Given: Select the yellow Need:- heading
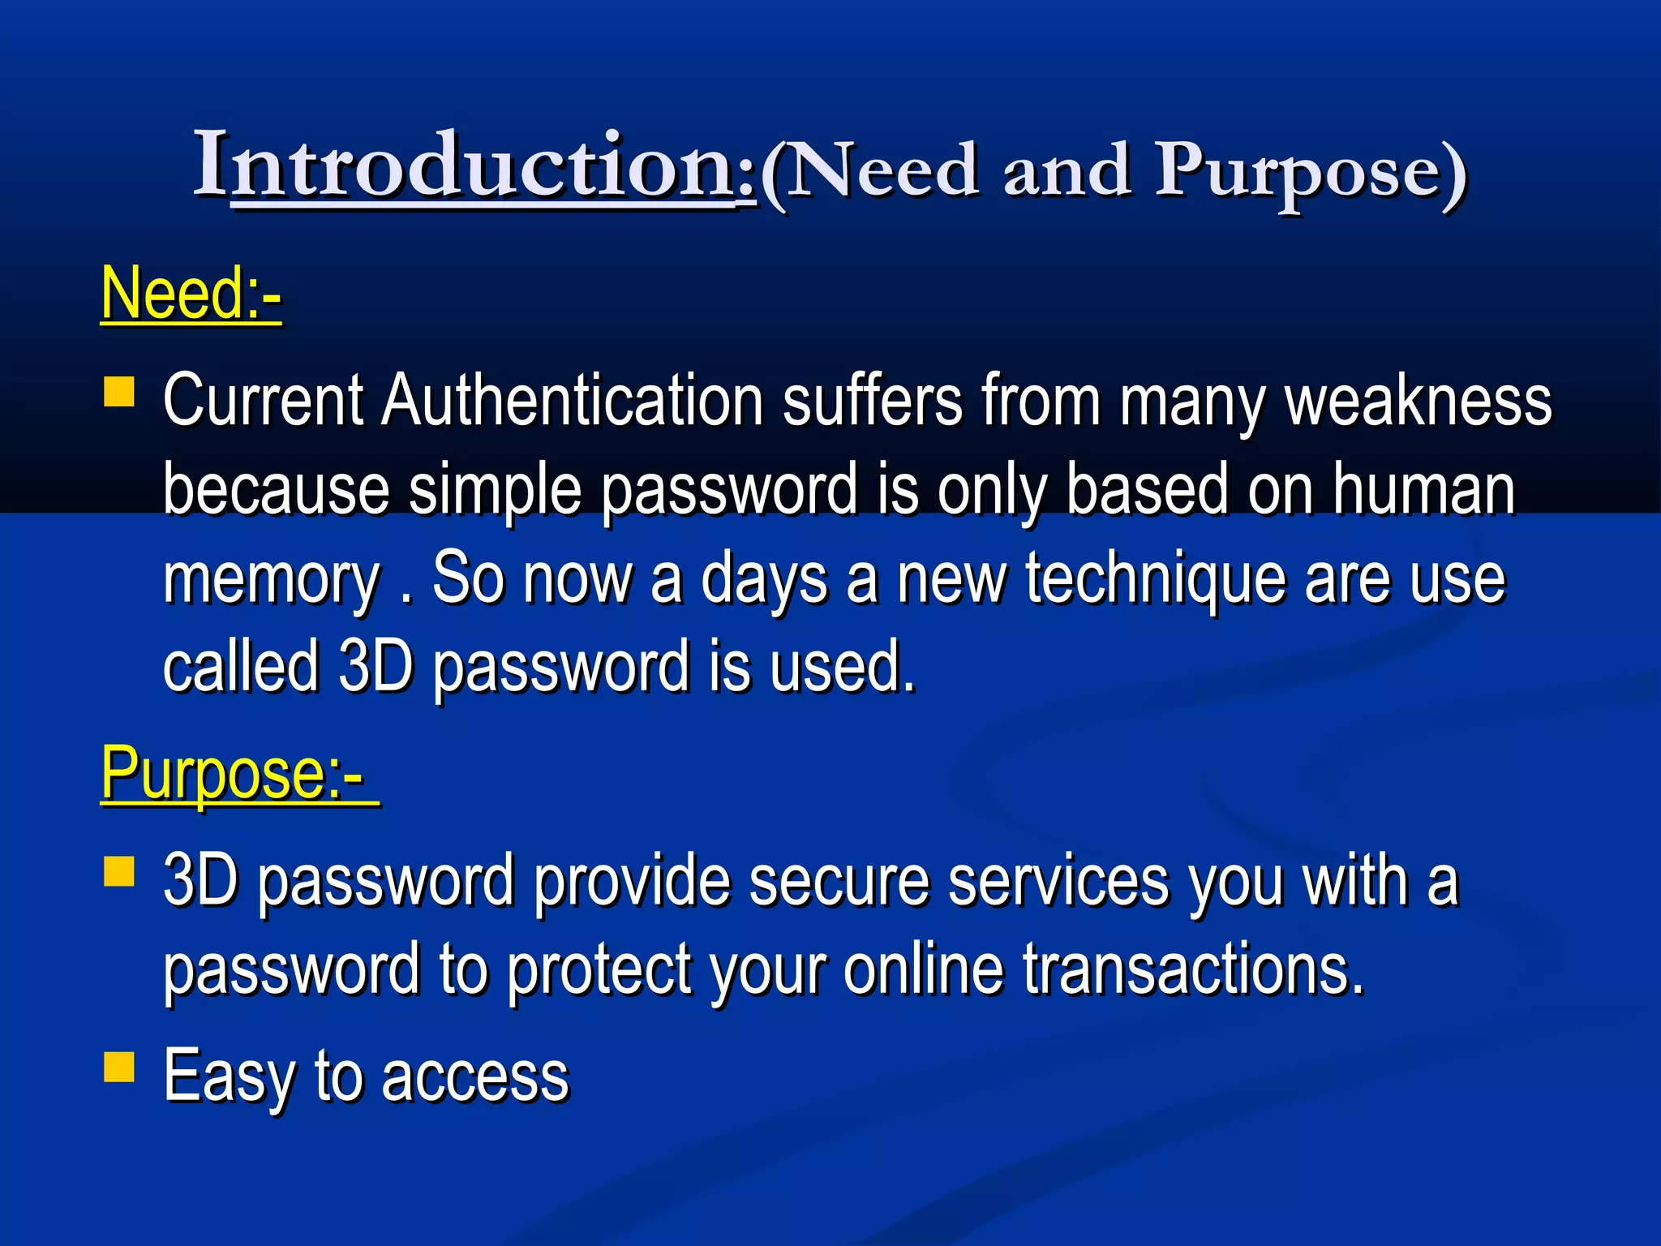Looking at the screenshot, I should [x=191, y=294].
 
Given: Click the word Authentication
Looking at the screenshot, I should [x=573, y=401].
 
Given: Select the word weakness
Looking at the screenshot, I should [x=1419, y=401].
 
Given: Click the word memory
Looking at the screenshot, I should [x=272, y=579].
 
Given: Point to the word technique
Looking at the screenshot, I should [x=1155, y=579].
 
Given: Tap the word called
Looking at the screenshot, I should [x=241, y=667].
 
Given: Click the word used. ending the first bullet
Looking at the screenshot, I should [x=843, y=667].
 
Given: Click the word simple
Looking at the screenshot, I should [x=495, y=491].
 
